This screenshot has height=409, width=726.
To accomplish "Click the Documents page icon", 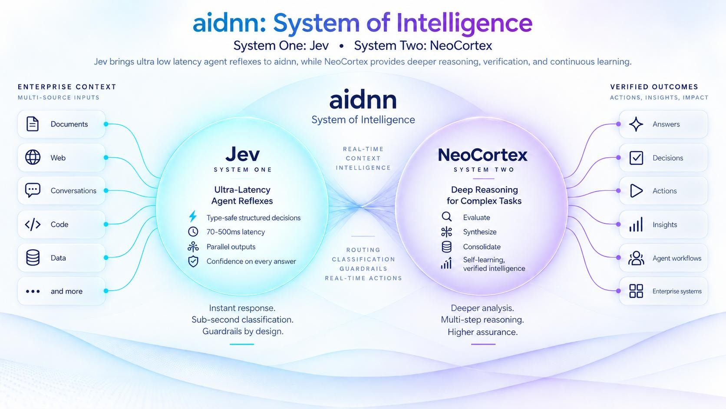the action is click(33, 124).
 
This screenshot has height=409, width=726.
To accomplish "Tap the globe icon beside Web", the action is click(33, 157).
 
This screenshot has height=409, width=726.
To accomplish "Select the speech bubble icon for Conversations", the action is click(33, 190).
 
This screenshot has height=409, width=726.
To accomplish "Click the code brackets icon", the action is click(33, 224).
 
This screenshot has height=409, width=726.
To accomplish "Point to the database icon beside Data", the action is click(33, 258).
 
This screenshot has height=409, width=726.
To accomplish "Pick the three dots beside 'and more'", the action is click(33, 291).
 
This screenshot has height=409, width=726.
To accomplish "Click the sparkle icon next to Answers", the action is click(636, 124).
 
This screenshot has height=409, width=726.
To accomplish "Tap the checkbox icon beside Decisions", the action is click(636, 158).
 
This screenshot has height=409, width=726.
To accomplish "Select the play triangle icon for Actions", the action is click(636, 191).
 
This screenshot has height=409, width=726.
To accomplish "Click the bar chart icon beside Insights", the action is click(636, 224).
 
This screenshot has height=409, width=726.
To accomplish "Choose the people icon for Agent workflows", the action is click(636, 258).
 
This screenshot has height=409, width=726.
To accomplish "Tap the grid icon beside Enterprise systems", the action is click(636, 291).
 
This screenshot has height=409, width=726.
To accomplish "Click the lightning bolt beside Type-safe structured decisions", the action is click(193, 216).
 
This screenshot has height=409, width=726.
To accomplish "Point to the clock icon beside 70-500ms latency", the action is click(193, 232).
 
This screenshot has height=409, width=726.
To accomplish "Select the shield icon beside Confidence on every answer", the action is click(193, 261).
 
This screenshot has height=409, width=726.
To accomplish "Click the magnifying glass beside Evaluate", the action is click(447, 216).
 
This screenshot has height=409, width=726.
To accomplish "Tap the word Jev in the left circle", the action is click(242, 154).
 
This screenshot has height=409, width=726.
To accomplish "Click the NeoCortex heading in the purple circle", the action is click(482, 155).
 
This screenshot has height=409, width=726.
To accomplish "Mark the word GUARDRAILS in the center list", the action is click(363, 269).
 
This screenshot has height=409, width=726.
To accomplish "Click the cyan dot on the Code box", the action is click(106, 224).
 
